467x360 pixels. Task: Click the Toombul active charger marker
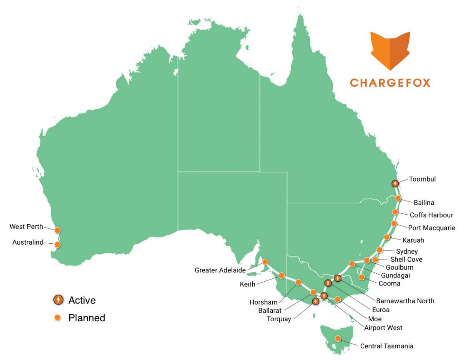point(394,183)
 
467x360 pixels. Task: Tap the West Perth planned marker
point(58,230)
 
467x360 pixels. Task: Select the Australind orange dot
point(58,245)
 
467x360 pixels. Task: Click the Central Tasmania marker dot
point(338,339)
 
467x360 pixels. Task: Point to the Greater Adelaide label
point(220,270)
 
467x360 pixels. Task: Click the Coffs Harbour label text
point(431,215)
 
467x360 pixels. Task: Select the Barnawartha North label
point(405,301)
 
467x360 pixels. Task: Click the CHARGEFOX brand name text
point(390,82)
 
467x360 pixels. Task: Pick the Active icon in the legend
point(59,300)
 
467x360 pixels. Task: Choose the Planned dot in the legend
point(59,317)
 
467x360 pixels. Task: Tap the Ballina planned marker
point(398,198)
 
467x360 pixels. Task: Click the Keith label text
point(247,285)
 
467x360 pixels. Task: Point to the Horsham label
point(263,302)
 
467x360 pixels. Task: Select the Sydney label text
point(407,252)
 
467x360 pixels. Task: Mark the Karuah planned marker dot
point(387,237)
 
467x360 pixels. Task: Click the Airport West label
point(383,328)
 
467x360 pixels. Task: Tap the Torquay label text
point(279,320)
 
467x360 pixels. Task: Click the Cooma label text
point(389,284)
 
